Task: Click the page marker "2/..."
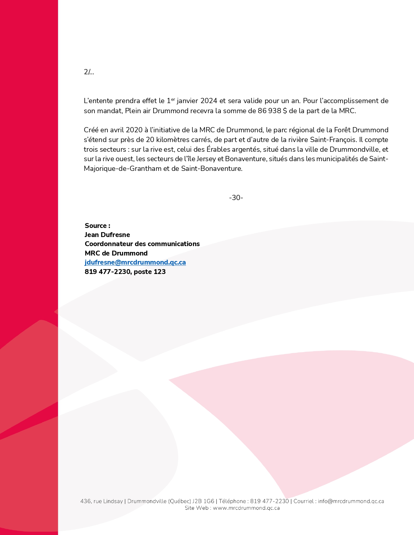[89, 72]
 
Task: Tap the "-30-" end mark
[236, 198]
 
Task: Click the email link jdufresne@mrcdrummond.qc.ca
[135, 262]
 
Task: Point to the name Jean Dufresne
[107, 235]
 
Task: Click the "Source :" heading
[97, 226]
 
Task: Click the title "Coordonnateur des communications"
[142, 244]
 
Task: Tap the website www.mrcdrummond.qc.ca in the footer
[246, 508]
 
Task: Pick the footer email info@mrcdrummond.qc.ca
[351, 501]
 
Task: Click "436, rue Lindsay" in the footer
[102, 501]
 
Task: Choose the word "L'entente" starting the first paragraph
[98, 101]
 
